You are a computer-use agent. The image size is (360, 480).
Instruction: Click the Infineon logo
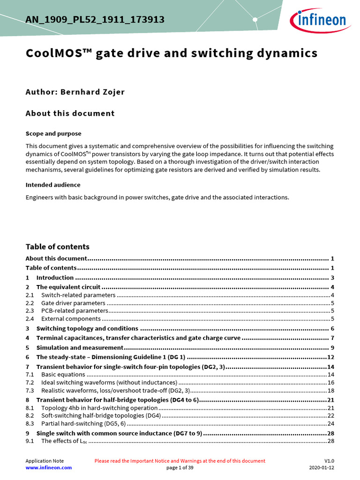pyautogui.click(x=320, y=19)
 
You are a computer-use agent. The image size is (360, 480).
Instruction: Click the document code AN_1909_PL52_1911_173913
pyautogui.click(x=95, y=19)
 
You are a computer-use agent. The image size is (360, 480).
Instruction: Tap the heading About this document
pyautogui.click(x=70, y=113)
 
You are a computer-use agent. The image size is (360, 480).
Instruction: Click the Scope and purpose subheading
pyautogui.click(x=53, y=134)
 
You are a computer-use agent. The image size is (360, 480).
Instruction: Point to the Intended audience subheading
pyautogui.click(x=52, y=185)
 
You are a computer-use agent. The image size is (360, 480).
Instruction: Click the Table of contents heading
pyautogui.click(x=57, y=247)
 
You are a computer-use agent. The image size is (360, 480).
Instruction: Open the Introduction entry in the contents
pyautogui.click(x=55, y=277)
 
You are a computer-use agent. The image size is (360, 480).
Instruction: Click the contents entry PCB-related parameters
pyautogui.click(x=75, y=311)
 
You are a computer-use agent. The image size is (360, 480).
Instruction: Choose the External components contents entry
pyautogui.click(x=71, y=319)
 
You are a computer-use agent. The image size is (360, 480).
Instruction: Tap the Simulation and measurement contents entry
pyautogui.click(x=80, y=348)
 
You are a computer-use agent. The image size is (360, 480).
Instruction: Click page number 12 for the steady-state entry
pyautogui.click(x=330, y=357)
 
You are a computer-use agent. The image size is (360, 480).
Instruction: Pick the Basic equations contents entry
pyautogui.click(x=63, y=375)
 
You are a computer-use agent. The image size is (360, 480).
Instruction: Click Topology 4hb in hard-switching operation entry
pyautogui.click(x=99, y=408)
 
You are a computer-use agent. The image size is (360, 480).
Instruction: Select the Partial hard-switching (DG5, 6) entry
pyautogui.click(x=83, y=423)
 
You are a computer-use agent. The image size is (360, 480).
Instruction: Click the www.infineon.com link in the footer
pyautogui.click(x=49, y=467)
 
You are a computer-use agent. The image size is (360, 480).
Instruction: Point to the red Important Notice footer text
pyautogui.click(x=180, y=461)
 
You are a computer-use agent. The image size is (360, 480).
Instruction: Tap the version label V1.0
pyautogui.click(x=329, y=461)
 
